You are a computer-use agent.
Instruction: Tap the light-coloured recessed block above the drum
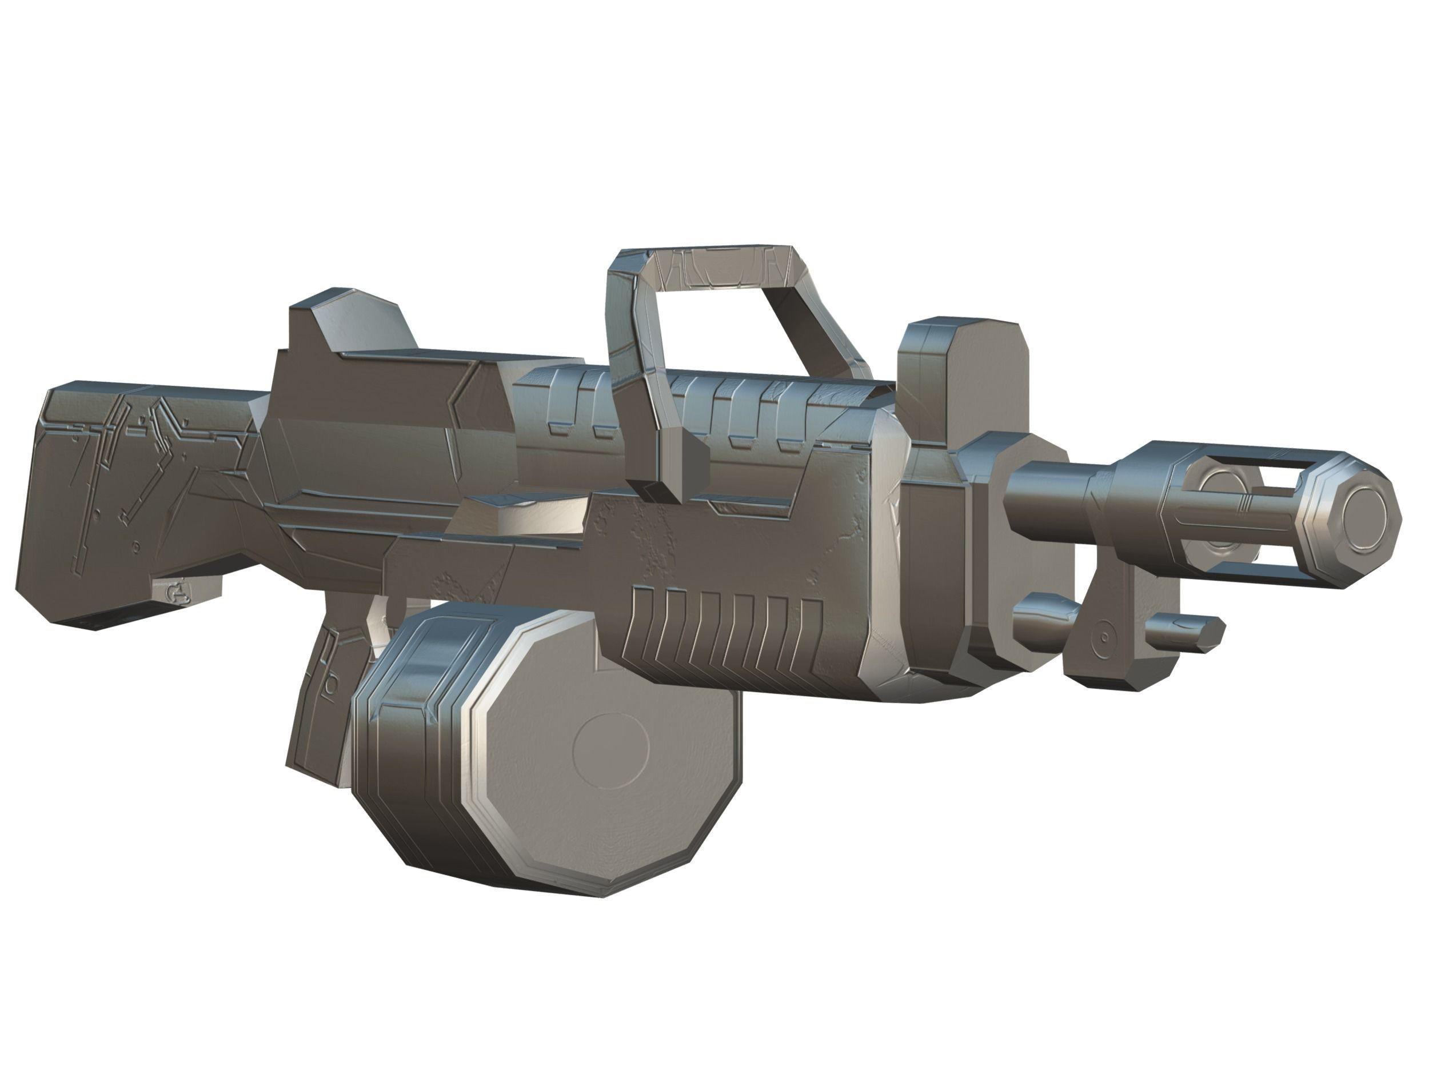coord(530,517)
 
